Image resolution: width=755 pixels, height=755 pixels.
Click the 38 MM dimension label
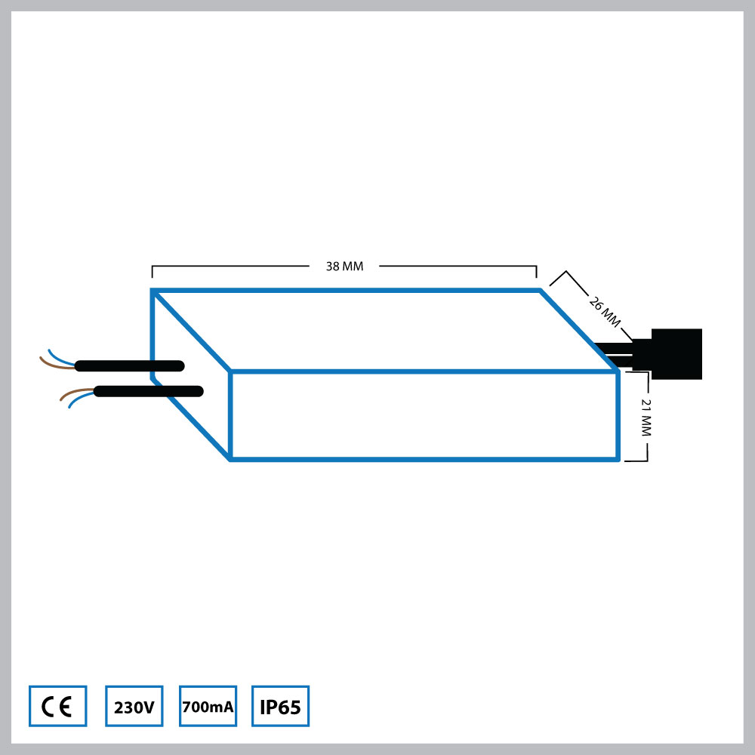click(x=344, y=267)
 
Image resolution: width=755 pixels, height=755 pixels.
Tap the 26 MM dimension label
click(x=605, y=310)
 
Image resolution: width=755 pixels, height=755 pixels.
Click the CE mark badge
click(x=57, y=707)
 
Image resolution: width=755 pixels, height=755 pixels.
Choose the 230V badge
click(x=134, y=707)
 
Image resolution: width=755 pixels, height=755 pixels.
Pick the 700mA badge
click(x=208, y=707)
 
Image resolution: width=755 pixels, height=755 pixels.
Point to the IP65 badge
click(x=280, y=707)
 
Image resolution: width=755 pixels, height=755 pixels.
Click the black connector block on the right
click(x=676, y=353)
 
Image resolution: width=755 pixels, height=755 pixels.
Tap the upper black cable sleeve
click(x=128, y=366)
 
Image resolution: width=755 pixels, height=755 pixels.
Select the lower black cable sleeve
click(x=148, y=391)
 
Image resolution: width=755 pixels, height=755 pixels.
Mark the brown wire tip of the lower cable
click(x=62, y=398)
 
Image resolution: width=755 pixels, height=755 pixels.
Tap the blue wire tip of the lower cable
click(x=69, y=406)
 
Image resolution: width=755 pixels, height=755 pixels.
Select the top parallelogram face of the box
click(x=385, y=331)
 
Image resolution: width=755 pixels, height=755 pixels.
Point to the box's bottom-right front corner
click(x=618, y=458)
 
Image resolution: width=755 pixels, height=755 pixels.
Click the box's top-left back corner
click(x=153, y=291)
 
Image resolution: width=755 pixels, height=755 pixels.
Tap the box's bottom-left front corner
click(x=230, y=458)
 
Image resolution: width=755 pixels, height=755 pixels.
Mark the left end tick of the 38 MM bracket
click(x=153, y=272)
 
